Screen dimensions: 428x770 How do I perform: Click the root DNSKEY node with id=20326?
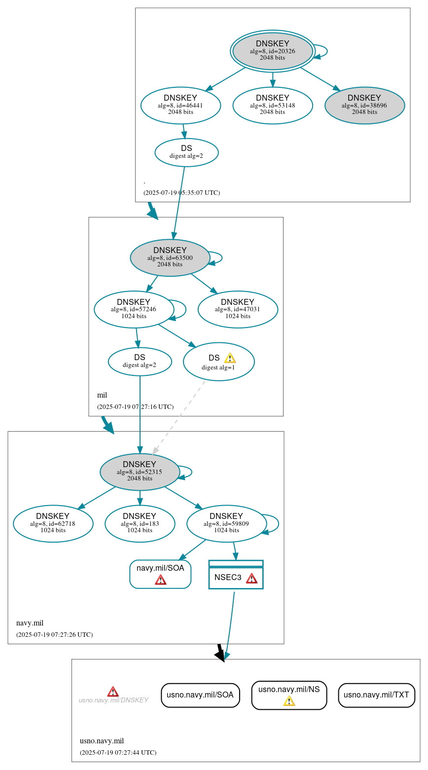[x=272, y=51]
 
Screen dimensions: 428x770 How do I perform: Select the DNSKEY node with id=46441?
[x=180, y=105]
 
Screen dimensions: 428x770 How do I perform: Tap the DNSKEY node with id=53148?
[x=272, y=105]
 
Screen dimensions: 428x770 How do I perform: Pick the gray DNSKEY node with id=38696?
[x=364, y=105]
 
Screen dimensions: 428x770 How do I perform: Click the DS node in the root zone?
[x=186, y=152]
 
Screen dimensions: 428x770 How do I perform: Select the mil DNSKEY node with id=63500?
[x=170, y=257]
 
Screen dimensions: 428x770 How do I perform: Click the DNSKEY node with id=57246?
[x=134, y=309]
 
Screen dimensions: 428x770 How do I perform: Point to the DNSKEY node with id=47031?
[x=238, y=309]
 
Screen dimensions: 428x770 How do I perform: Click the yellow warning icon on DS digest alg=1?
[x=230, y=358]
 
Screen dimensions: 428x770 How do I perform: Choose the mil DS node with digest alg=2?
[x=140, y=361]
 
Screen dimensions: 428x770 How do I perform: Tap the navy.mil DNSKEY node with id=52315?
[x=140, y=472]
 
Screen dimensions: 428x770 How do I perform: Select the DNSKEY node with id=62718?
[x=53, y=523]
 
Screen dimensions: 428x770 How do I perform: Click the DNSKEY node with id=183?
[x=140, y=523]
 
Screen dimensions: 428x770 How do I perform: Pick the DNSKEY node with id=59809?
[x=226, y=523]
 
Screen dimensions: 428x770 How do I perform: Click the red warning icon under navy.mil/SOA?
[x=160, y=580]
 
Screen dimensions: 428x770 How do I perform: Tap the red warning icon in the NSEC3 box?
[x=251, y=578]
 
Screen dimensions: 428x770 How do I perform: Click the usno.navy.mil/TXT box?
[x=376, y=695]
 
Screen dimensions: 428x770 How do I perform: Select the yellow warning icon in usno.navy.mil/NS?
[x=289, y=701]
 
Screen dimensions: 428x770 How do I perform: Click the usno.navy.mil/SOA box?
[x=200, y=695]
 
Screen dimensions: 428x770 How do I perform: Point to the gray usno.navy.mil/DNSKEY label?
[x=113, y=700]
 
